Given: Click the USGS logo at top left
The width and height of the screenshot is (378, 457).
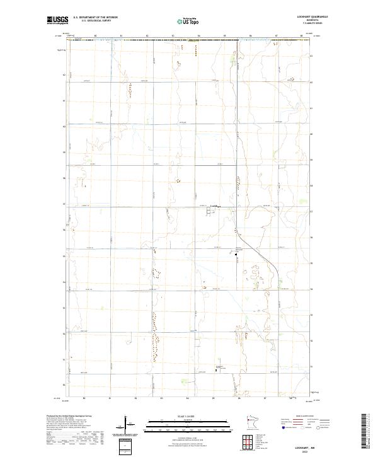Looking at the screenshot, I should click(57, 20).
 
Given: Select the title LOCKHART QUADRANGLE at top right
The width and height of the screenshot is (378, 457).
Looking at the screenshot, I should click(315, 17).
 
